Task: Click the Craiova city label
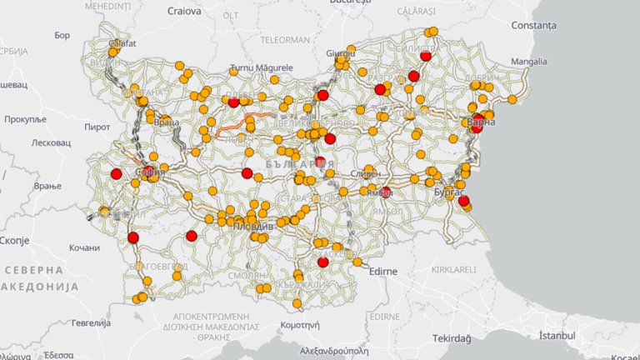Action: tap(183, 12)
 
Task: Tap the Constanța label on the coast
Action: tap(533, 25)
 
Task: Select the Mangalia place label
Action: tap(529, 62)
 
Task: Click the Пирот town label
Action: tap(97, 127)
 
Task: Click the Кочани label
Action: tap(84, 247)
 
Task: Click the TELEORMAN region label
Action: tap(285, 39)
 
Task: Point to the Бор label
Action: tap(62, 36)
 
